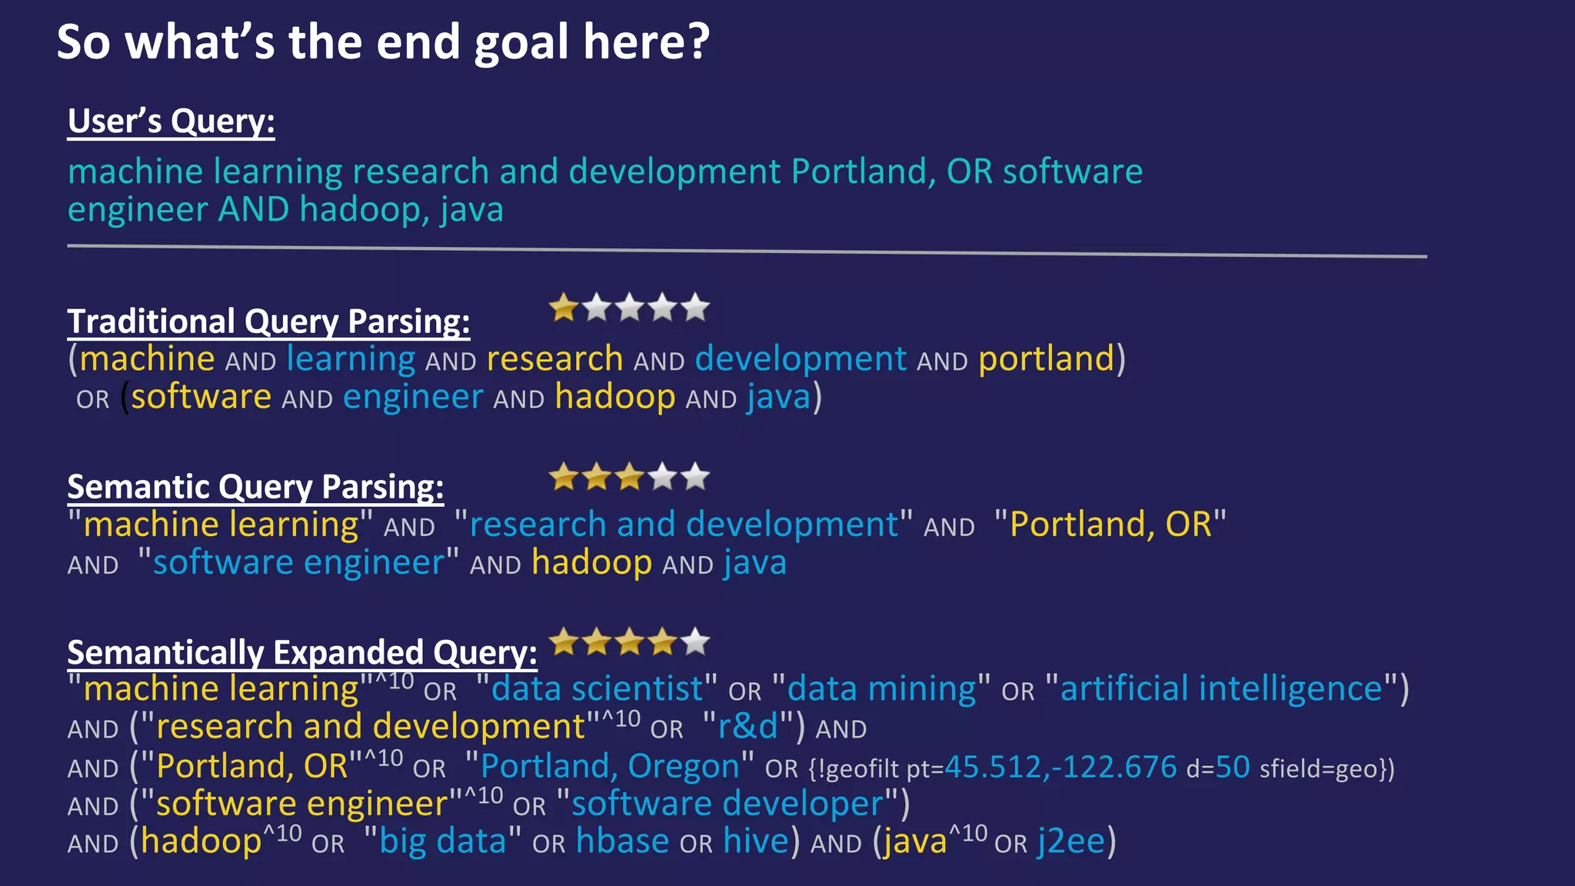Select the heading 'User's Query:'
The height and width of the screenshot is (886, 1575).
coord(171,122)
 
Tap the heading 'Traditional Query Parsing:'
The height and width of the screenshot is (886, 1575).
coord(268,321)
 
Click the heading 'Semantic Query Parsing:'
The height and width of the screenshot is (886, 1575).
coord(255,487)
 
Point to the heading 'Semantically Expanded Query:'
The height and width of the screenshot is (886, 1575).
coord(302,652)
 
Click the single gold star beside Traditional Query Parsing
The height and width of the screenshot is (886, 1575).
coord(564,308)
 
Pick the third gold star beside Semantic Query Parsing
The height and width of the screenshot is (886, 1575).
coord(630,478)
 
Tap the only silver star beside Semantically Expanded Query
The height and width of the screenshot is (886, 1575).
coord(695,641)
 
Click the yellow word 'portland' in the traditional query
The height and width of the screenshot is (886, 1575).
coord(1046,359)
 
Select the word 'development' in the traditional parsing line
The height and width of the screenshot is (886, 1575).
coord(801,359)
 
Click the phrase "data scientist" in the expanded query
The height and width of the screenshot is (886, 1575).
coord(597,688)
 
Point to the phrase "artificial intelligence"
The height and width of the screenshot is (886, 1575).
coord(1221,688)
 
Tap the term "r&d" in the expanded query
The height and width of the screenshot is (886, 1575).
coord(748,727)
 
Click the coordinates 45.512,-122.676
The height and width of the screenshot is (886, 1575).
coord(1061,767)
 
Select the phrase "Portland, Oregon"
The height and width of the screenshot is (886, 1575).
coord(610,766)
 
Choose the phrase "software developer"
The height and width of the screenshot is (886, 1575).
coord(728,804)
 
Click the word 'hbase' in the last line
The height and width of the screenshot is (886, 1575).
coord(622,841)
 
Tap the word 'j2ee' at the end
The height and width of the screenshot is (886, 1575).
coord(1071,841)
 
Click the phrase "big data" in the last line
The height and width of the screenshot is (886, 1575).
coord(442,841)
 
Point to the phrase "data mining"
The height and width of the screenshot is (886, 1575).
coord(881,688)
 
